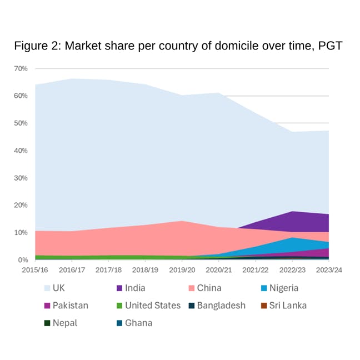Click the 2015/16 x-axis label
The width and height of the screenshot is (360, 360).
coord(35,269)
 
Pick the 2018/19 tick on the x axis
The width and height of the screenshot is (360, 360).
coord(145,269)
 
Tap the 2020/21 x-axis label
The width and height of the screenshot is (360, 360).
coord(219,269)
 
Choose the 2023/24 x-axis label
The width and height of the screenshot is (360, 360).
coord(329,269)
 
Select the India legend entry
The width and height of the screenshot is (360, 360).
coord(132,288)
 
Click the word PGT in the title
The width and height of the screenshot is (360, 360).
coord(330,46)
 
